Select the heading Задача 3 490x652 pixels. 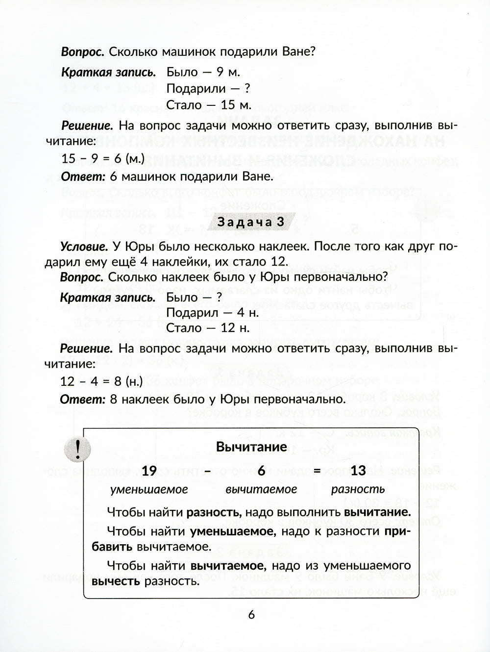[x=251, y=223]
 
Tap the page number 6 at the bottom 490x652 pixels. [x=251, y=615]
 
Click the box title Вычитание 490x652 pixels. [x=251, y=447]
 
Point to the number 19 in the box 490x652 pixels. [x=149, y=471]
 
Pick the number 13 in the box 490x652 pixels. [x=358, y=471]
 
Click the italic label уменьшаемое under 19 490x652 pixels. [x=149, y=489]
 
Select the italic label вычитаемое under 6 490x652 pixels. [x=261, y=489]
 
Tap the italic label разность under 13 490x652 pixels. [x=358, y=489]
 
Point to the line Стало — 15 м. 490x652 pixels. [x=209, y=105]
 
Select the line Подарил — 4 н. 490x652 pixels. [x=213, y=312]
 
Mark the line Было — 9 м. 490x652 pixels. [x=203, y=73]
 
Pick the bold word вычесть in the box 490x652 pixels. [x=116, y=581]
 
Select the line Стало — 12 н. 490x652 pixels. [x=208, y=328]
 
